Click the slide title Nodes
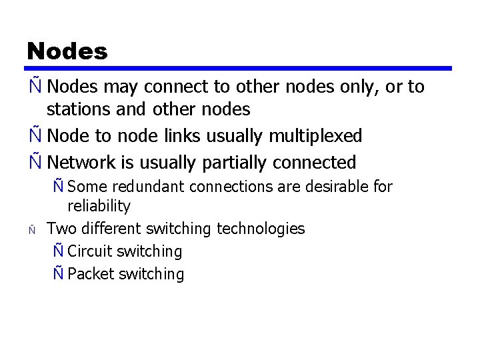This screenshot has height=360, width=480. [x=67, y=51]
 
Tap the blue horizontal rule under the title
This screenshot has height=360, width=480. [x=239, y=68]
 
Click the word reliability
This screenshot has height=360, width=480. [x=99, y=206]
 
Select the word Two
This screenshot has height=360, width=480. [x=61, y=229]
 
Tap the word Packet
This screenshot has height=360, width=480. [x=91, y=274]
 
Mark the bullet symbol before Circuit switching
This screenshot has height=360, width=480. [x=58, y=251]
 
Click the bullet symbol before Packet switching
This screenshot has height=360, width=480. [x=58, y=274]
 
